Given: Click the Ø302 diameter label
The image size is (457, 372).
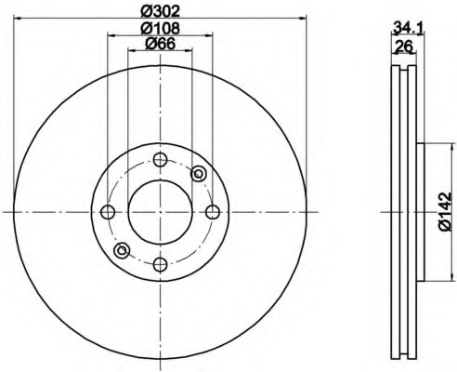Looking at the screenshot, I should click(160, 10).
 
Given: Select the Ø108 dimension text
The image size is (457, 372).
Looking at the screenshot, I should click(160, 29).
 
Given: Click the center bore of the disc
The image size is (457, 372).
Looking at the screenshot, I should click(160, 212).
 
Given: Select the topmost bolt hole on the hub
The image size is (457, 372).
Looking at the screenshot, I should click(160, 159).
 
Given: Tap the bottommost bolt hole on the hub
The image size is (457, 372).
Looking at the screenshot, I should click(160, 265).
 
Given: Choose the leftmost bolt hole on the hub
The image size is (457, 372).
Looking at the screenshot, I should click(107, 212).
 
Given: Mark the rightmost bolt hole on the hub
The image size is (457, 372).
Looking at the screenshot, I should click(213, 212).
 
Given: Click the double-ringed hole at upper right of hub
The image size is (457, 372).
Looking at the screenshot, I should click(198, 174).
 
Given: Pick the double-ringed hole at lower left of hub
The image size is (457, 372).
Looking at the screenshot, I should click(122, 249).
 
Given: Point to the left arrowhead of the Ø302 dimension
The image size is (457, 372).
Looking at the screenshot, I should click(19, 18).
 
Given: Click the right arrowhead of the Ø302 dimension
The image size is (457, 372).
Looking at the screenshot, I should click(302, 18).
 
